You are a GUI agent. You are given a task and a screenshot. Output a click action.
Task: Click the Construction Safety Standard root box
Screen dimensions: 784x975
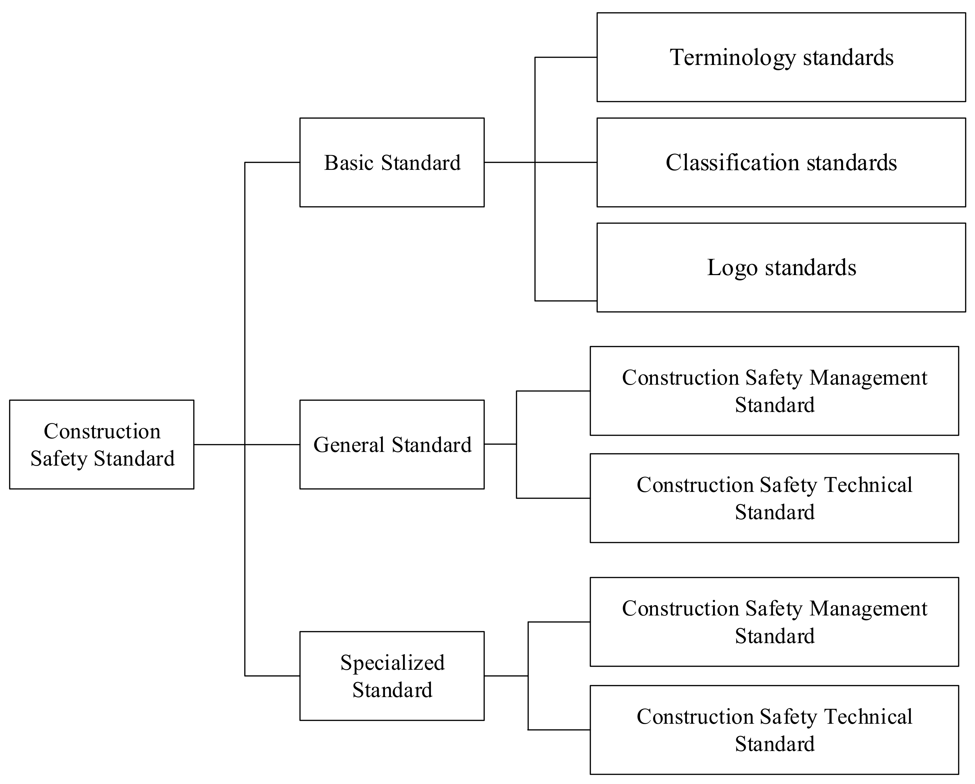point(102,445)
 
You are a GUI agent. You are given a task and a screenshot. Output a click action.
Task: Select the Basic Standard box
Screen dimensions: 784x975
point(392,163)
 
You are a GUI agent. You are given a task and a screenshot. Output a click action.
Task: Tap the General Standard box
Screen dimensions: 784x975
point(392,445)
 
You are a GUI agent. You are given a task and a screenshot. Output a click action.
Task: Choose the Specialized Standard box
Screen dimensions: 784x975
point(392,676)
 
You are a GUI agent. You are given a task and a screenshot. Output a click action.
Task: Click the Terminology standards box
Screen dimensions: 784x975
point(781,57)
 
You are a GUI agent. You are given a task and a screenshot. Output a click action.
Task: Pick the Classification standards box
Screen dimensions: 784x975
point(781,163)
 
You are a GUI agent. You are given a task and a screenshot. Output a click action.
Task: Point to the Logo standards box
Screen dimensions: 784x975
point(781,267)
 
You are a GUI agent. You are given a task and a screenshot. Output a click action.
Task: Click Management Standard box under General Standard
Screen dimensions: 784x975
point(774,391)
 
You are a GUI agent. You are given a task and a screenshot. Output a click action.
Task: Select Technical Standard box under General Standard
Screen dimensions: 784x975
point(774,499)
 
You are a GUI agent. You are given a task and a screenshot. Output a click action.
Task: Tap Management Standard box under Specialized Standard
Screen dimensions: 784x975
point(774,622)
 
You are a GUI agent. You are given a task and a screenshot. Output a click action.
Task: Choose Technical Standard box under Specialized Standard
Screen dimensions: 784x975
point(774,730)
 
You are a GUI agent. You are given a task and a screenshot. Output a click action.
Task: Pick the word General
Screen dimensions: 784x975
point(349,445)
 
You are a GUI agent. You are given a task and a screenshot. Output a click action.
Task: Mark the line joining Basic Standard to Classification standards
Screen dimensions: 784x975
point(565,162)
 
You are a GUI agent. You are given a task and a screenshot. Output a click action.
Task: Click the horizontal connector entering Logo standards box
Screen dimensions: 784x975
point(566,300)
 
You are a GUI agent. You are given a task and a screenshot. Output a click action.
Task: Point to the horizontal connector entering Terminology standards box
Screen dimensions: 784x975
point(566,57)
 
